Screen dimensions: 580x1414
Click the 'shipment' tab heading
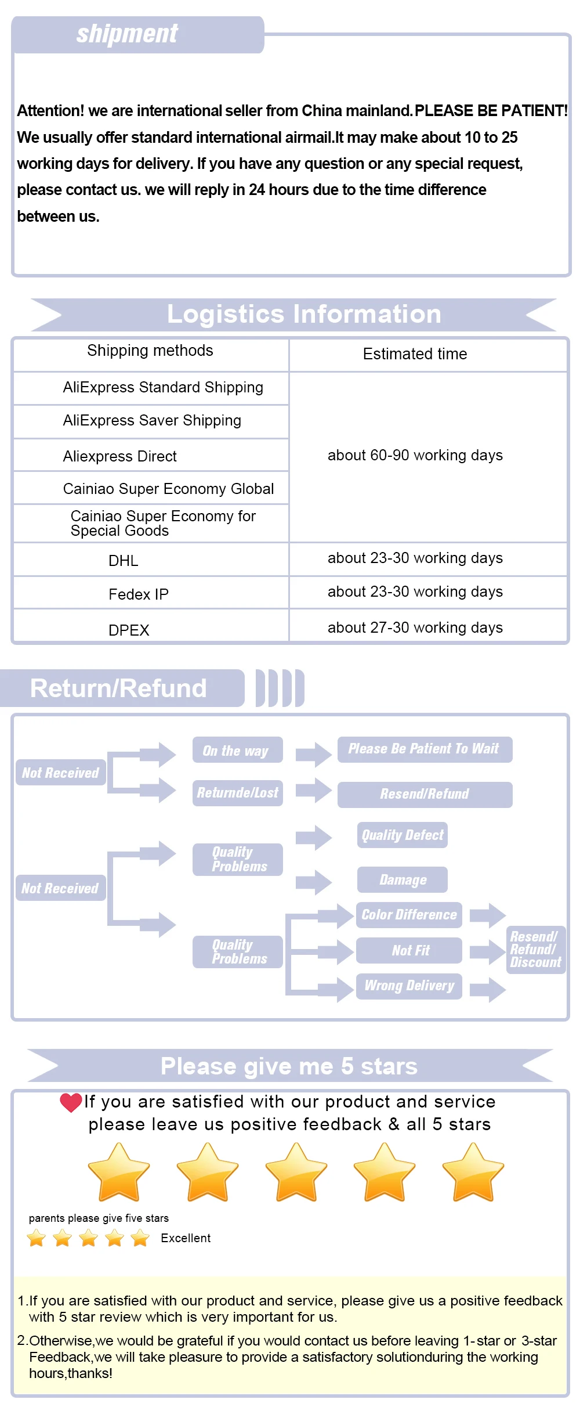click(127, 34)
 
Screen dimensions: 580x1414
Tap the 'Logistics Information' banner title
click(304, 314)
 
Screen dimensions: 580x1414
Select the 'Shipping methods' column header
click(150, 351)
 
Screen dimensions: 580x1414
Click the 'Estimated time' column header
click(415, 354)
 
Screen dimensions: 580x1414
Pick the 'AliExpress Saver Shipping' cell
click(152, 421)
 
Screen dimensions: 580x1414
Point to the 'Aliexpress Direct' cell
click(120, 456)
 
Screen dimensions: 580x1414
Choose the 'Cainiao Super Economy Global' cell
click(168, 489)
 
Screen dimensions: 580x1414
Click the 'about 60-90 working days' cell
click(415, 455)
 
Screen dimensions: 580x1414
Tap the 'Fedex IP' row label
click(139, 594)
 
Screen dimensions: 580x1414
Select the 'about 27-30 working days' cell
click(415, 627)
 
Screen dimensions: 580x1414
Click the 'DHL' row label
click(124, 561)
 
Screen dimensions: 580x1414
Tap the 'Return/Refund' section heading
click(118, 688)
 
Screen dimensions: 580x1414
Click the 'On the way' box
click(238, 750)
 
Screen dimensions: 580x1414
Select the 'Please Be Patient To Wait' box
click(425, 749)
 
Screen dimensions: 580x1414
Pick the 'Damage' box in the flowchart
click(403, 879)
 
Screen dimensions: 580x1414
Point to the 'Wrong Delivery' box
click(409, 986)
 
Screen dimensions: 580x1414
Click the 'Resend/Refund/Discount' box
click(536, 950)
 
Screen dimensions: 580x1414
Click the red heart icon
click(71, 1103)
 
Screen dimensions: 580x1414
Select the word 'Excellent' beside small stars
click(186, 1238)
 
